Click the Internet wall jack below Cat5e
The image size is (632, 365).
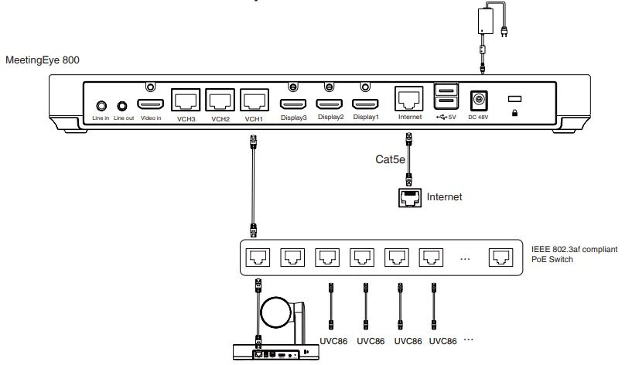click(409, 196)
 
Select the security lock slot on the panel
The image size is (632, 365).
click(514, 100)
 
